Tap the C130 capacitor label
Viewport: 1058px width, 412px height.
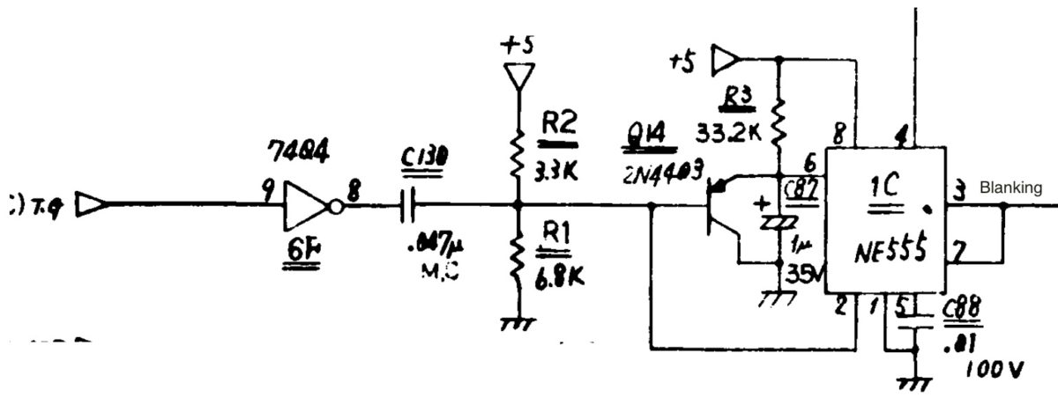(423, 157)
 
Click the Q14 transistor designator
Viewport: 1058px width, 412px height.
(649, 132)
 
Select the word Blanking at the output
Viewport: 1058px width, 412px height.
(1010, 188)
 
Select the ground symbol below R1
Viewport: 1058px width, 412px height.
(517, 325)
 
